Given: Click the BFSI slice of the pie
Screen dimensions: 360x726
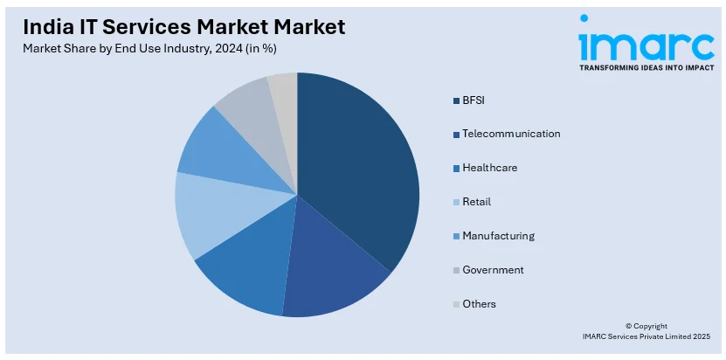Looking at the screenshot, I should pyautogui.click(x=358, y=166).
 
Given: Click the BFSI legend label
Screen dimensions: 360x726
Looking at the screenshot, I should pyautogui.click(x=473, y=100).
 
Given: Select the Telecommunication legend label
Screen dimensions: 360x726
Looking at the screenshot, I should pyautogui.click(x=511, y=134).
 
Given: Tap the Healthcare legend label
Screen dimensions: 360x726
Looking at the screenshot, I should pyautogui.click(x=489, y=168).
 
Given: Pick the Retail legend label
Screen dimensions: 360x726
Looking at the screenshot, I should pyautogui.click(x=476, y=202).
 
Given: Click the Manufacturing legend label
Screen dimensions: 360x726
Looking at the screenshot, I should pyautogui.click(x=498, y=236).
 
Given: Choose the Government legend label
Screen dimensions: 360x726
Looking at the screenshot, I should pyautogui.click(x=493, y=270).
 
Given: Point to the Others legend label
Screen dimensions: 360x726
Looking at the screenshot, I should pyautogui.click(x=479, y=304).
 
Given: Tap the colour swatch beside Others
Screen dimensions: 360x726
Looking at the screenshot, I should pyautogui.click(x=456, y=305).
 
